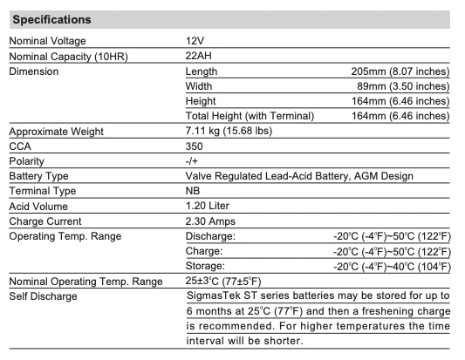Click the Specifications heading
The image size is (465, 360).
[51, 19]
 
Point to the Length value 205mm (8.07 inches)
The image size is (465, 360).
[397, 71]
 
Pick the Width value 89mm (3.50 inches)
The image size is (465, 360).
[400, 86]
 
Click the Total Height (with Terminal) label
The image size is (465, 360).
[249, 116]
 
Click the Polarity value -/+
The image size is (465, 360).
[192, 160]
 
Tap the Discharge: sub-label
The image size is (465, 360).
[211, 235]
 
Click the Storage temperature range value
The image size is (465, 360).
[392, 265]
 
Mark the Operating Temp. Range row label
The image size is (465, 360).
[65, 235]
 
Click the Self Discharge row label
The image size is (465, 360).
[43, 295]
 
